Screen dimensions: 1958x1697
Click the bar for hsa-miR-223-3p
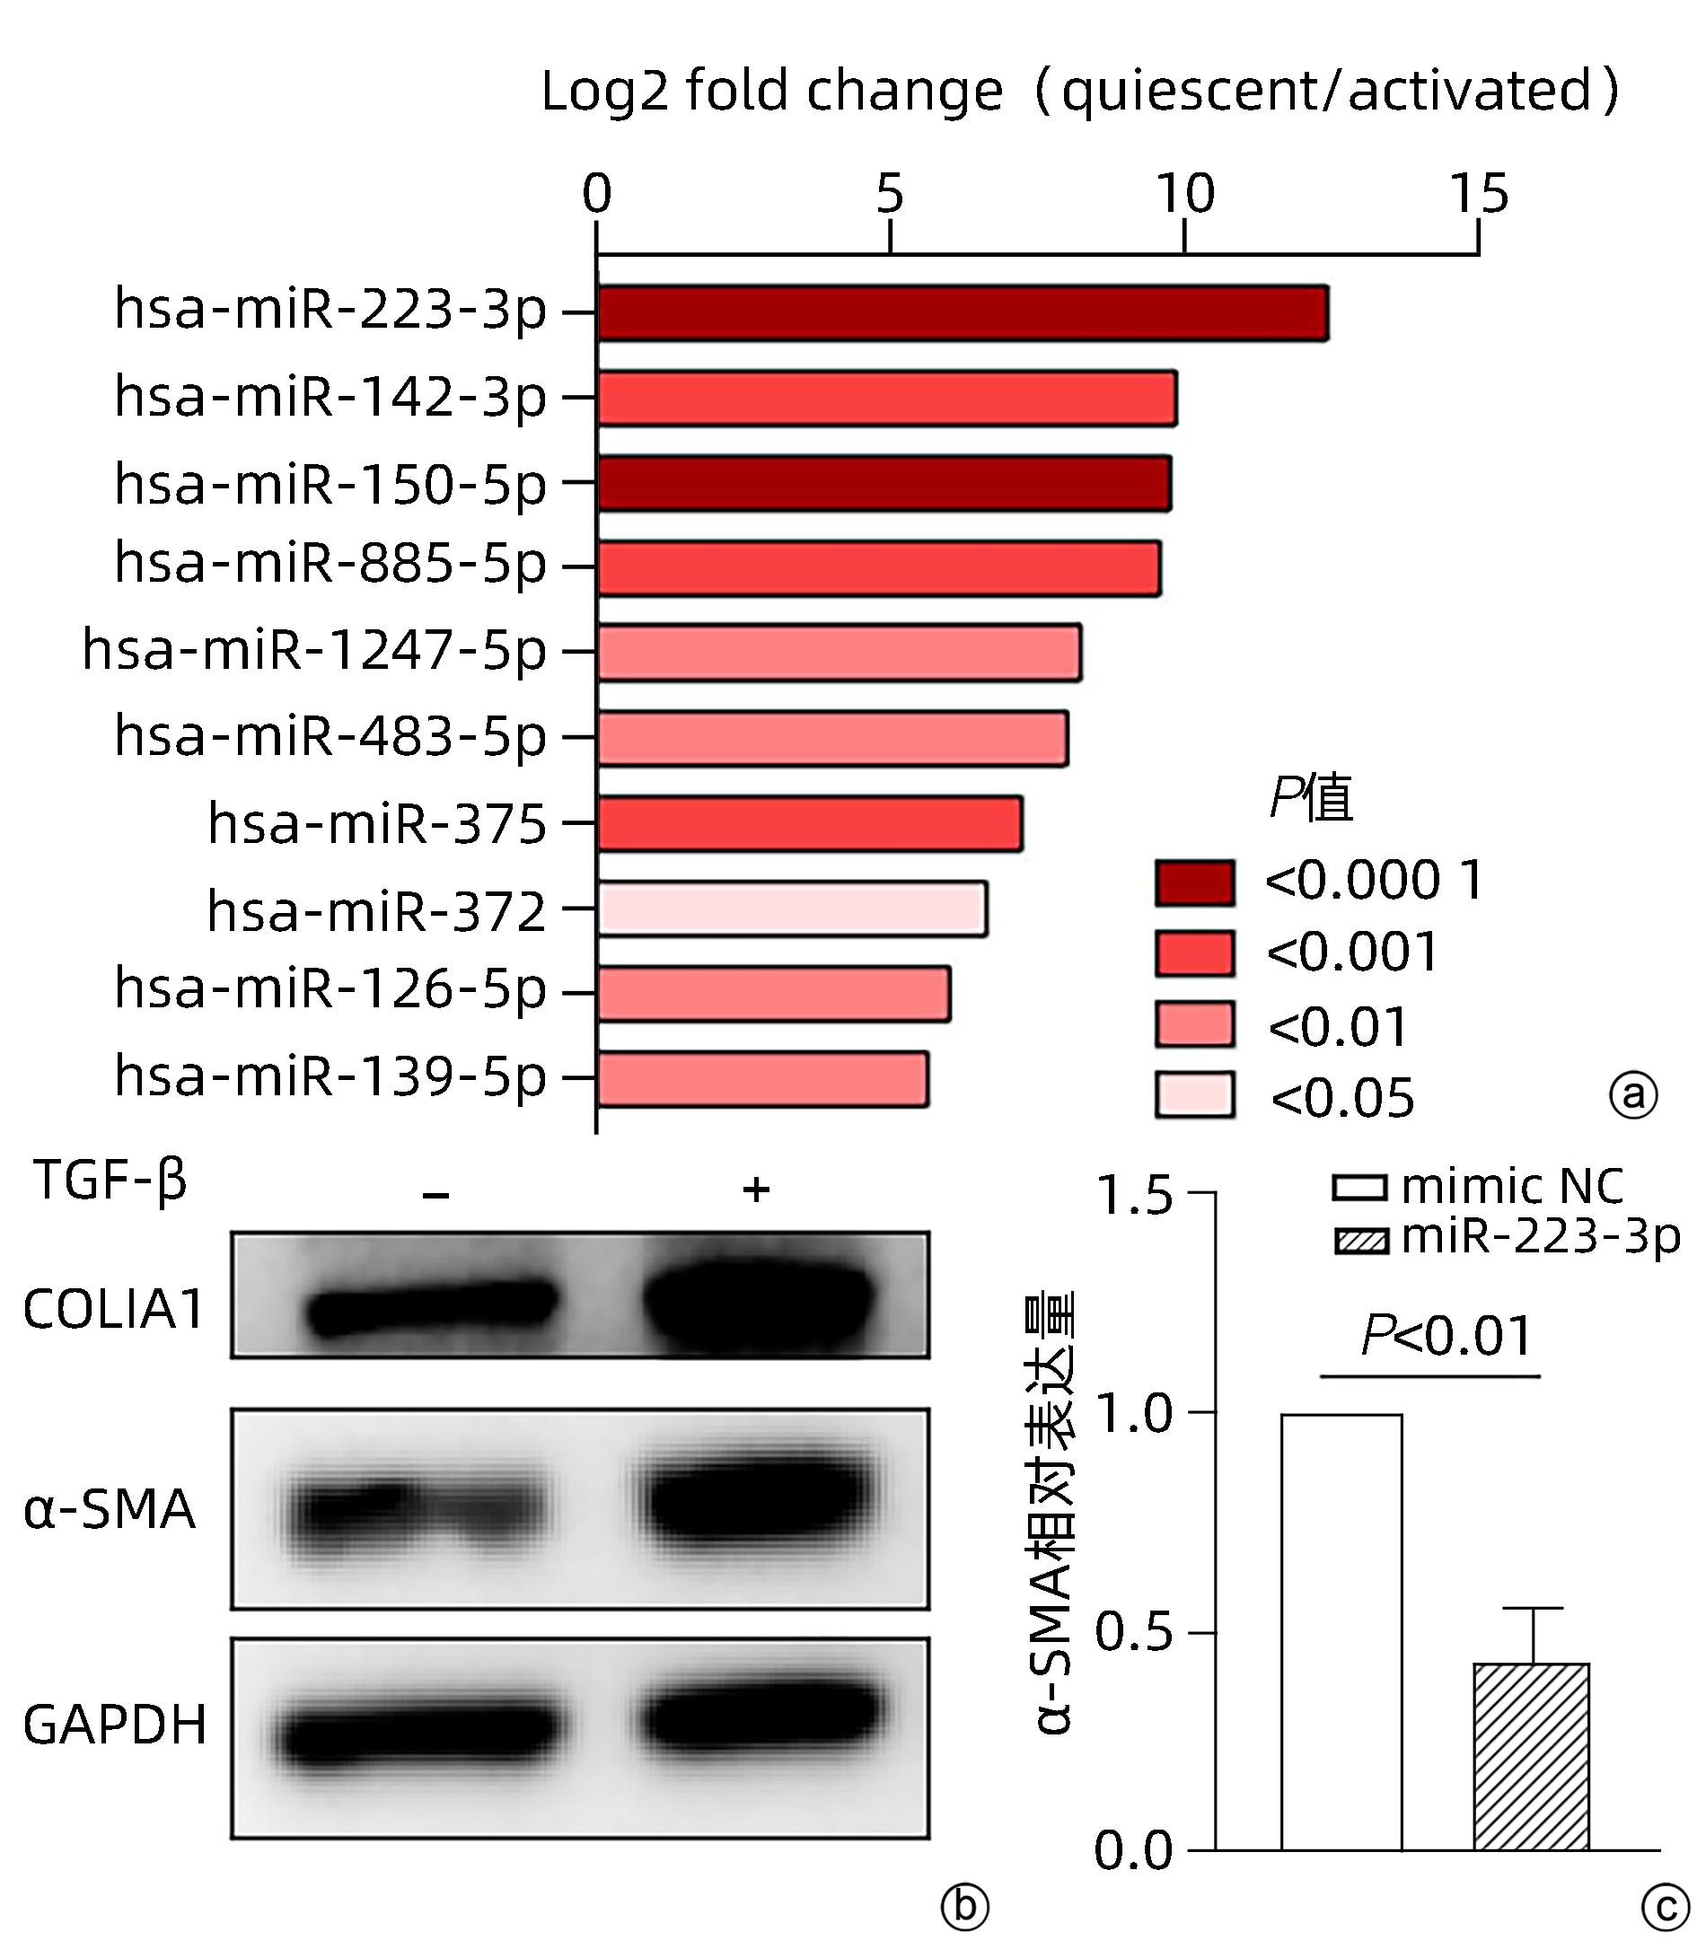962,312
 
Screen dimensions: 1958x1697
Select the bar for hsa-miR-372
792,909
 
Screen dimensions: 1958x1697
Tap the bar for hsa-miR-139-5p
762,1078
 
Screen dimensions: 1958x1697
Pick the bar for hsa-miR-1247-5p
839,653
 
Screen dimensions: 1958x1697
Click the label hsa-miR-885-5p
330,565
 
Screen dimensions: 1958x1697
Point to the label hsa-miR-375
377,824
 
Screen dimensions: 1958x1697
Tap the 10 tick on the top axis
1183,194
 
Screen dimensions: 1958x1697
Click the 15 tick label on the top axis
1478,194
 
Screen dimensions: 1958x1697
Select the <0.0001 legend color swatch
1194,882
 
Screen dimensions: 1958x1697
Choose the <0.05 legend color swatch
1194,1095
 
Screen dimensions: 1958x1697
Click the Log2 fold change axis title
1079,92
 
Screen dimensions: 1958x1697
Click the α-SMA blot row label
109,1509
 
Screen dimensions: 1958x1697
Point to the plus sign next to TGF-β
756,1190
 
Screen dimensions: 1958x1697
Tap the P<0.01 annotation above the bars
1446,1336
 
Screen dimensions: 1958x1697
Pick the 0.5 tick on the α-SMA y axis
1132,1632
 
